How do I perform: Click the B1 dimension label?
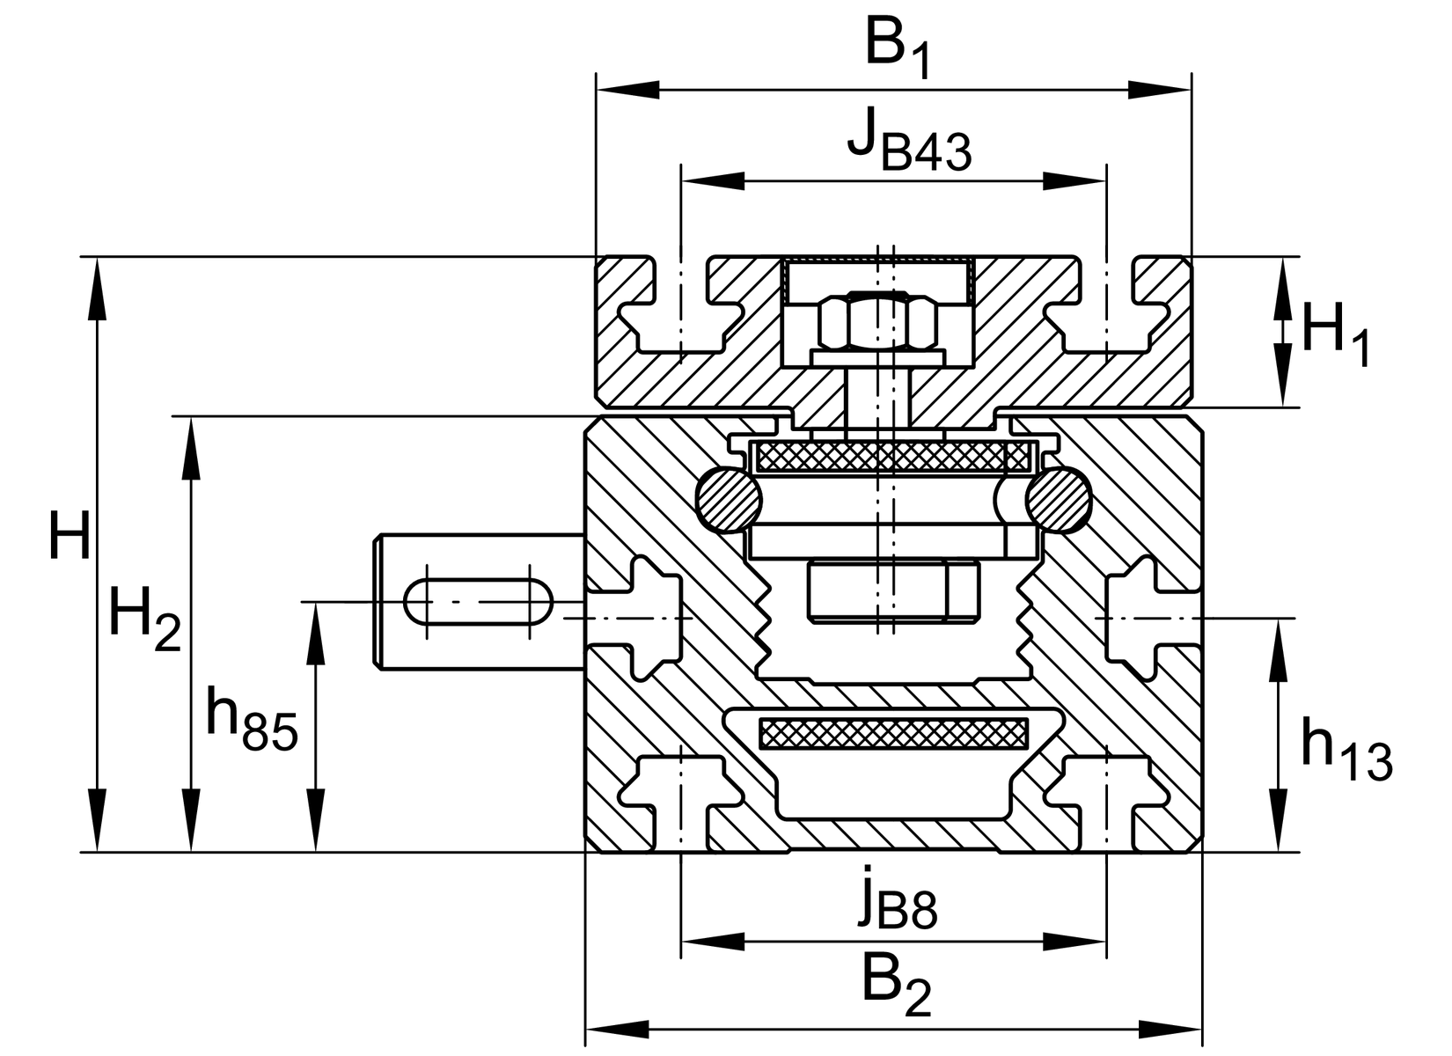(x=896, y=46)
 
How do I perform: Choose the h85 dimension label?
(x=252, y=719)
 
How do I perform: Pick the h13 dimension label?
(x=1346, y=750)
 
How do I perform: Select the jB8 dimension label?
(x=898, y=899)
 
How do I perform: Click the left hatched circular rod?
(x=729, y=500)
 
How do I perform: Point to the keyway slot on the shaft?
(x=478, y=602)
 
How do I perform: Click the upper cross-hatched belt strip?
(x=892, y=456)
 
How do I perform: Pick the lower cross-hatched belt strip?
(x=892, y=732)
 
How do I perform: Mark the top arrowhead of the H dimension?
(x=97, y=286)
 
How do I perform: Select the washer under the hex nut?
(x=878, y=356)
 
